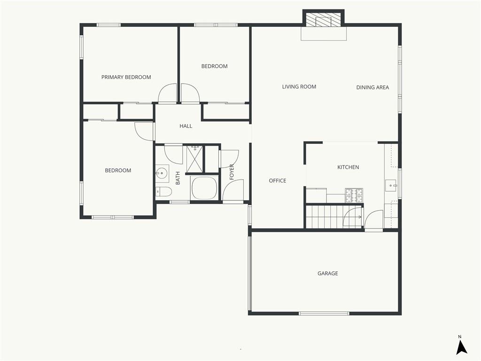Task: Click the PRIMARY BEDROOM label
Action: (126, 77)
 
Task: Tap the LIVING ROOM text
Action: (299, 86)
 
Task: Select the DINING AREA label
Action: (372, 87)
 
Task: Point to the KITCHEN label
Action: (348, 167)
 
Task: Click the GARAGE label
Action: (327, 273)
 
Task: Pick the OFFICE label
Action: (278, 180)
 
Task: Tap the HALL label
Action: (186, 126)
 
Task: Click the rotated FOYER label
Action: (232, 172)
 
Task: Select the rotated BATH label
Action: (178, 178)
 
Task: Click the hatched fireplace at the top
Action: (324, 19)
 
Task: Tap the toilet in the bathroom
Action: (163, 192)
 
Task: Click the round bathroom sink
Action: (162, 173)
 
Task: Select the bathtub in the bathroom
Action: (204, 188)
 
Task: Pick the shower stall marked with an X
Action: (194, 159)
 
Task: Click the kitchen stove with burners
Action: (354, 196)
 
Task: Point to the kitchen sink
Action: (391, 185)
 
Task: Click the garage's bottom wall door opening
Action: (324, 314)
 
